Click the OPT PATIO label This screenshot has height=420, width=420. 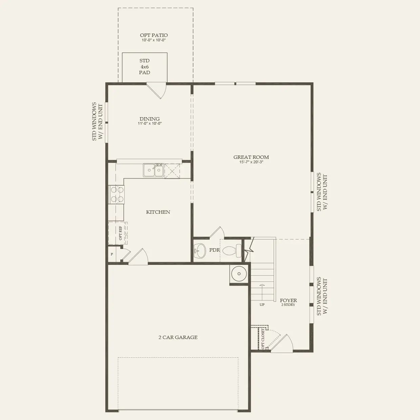tap(154, 35)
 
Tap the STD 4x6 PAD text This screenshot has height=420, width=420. tap(145, 66)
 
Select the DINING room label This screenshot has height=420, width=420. tap(149, 119)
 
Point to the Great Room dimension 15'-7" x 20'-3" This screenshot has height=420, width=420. tap(251, 162)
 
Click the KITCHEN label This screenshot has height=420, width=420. tap(158, 212)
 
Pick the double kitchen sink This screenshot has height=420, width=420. tap(153, 170)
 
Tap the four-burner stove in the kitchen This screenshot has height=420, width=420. tap(116, 195)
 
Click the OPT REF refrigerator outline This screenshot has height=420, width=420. tap(118, 233)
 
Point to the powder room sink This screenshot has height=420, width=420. tap(200, 250)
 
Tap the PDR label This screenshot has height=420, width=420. tap(215, 250)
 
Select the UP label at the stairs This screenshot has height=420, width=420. tap(262, 304)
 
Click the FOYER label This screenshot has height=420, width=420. tap(288, 300)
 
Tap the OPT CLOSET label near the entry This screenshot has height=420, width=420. tap(263, 338)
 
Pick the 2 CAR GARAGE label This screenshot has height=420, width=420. tap(178, 337)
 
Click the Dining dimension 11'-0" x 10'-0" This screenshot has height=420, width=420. tap(149, 124)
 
